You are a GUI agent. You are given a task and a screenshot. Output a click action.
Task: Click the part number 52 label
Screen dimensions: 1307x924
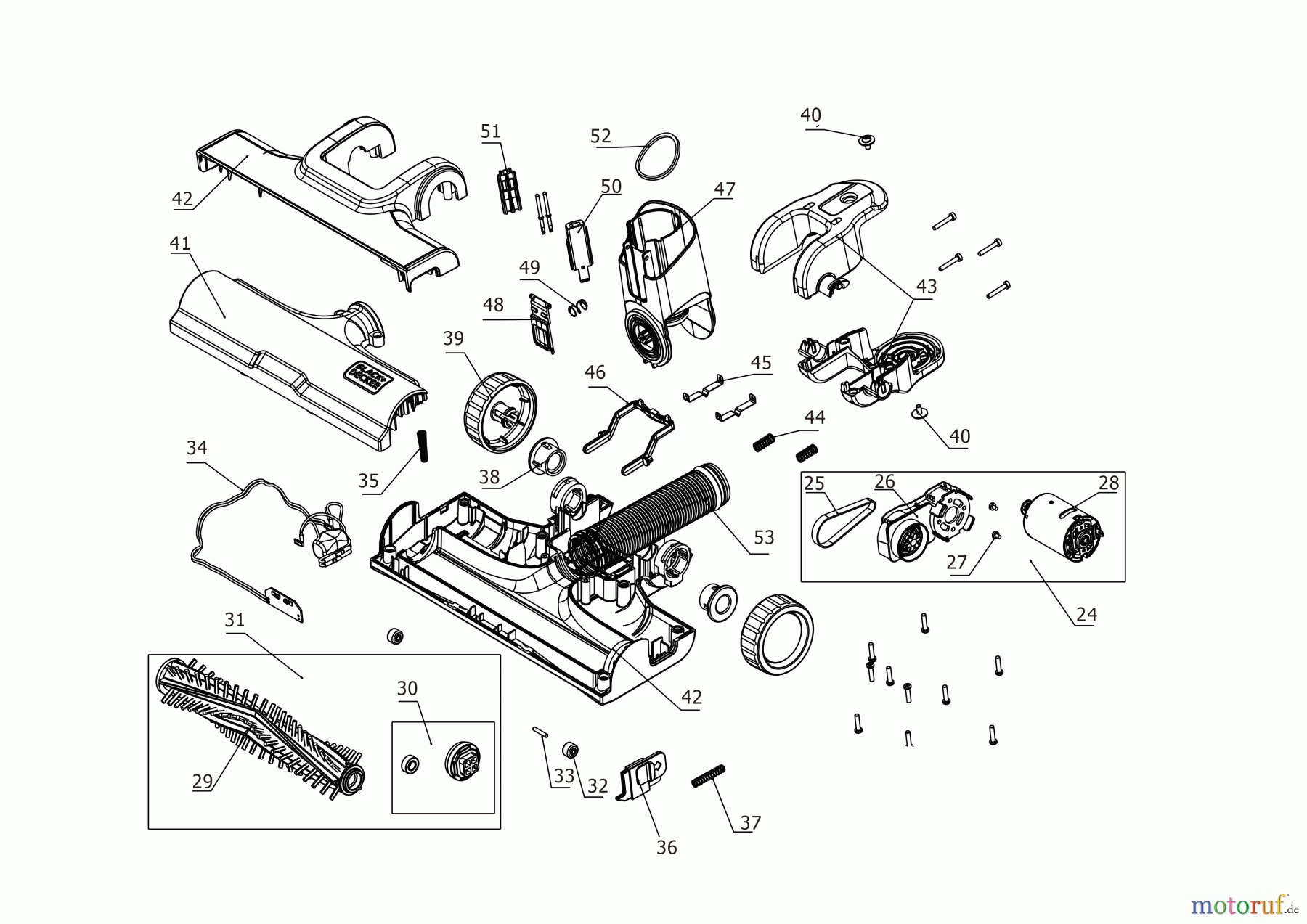[600, 136]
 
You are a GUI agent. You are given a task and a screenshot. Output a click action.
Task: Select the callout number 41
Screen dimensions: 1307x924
[179, 243]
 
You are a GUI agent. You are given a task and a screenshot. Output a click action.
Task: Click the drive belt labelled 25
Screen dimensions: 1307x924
[844, 520]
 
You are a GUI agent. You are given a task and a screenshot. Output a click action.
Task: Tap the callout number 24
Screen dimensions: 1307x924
[1086, 614]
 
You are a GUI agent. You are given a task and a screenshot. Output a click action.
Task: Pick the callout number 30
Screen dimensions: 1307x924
[407, 687]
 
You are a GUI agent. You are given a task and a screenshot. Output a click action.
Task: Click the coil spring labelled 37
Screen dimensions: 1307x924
[709, 775]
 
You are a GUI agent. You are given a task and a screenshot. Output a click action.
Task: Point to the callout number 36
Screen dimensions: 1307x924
[666, 847]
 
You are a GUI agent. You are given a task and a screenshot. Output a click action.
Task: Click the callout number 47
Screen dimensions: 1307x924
[725, 189]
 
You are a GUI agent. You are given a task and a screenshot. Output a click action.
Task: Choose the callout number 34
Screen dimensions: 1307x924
[197, 448]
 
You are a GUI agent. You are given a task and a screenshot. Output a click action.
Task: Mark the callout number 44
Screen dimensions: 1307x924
[815, 417]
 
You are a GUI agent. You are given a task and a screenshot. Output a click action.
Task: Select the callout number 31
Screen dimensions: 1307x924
[235, 620]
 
